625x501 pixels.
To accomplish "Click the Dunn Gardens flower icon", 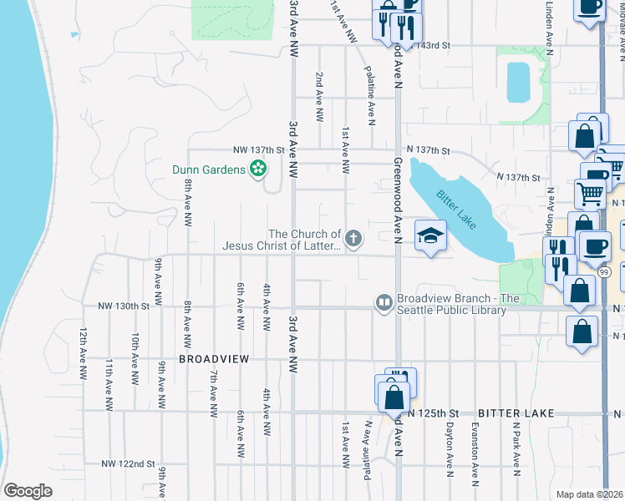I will [x=259, y=170].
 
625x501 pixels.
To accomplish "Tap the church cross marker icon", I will [x=353, y=240].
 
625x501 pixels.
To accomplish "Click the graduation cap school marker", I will [x=430, y=236].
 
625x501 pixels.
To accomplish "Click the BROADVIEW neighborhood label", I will [x=214, y=358].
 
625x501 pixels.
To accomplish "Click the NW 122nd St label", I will [x=129, y=463].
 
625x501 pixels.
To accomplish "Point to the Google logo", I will [x=28, y=491].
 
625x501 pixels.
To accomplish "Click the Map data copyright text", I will [x=589, y=494].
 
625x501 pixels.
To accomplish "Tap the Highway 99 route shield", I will [x=603, y=272].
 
